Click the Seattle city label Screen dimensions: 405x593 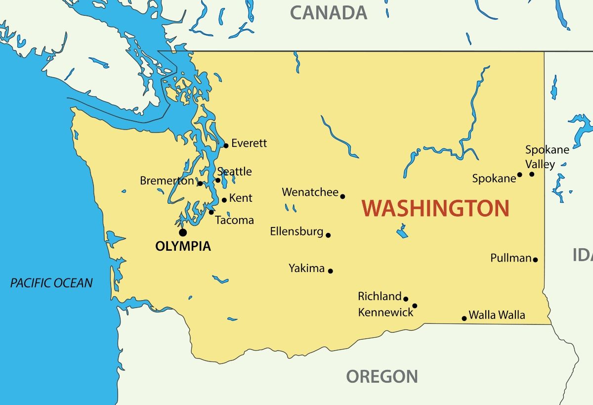(235, 172)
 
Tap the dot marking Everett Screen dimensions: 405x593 (226, 145)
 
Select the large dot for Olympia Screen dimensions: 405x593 (183, 232)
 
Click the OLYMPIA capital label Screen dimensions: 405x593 (183, 246)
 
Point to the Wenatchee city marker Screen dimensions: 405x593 (342, 196)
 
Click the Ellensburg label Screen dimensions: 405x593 (296, 231)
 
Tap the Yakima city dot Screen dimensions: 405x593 (330, 271)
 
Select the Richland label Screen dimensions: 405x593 (380, 296)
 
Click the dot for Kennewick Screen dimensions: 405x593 (415, 306)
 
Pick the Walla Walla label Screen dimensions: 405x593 (497, 315)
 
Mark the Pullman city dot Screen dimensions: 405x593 (535, 260)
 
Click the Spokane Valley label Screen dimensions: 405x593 (547, 157)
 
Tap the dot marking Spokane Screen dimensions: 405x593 (519, 175)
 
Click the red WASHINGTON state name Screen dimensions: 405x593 (435, 209)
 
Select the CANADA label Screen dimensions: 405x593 (328, 12)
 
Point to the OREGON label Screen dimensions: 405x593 (381, 377)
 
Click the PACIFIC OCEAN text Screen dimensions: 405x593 (51, 283)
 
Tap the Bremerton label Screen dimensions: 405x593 (167, 181)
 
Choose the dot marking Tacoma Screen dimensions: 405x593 (211, 212)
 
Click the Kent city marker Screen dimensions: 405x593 (224, 200)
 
